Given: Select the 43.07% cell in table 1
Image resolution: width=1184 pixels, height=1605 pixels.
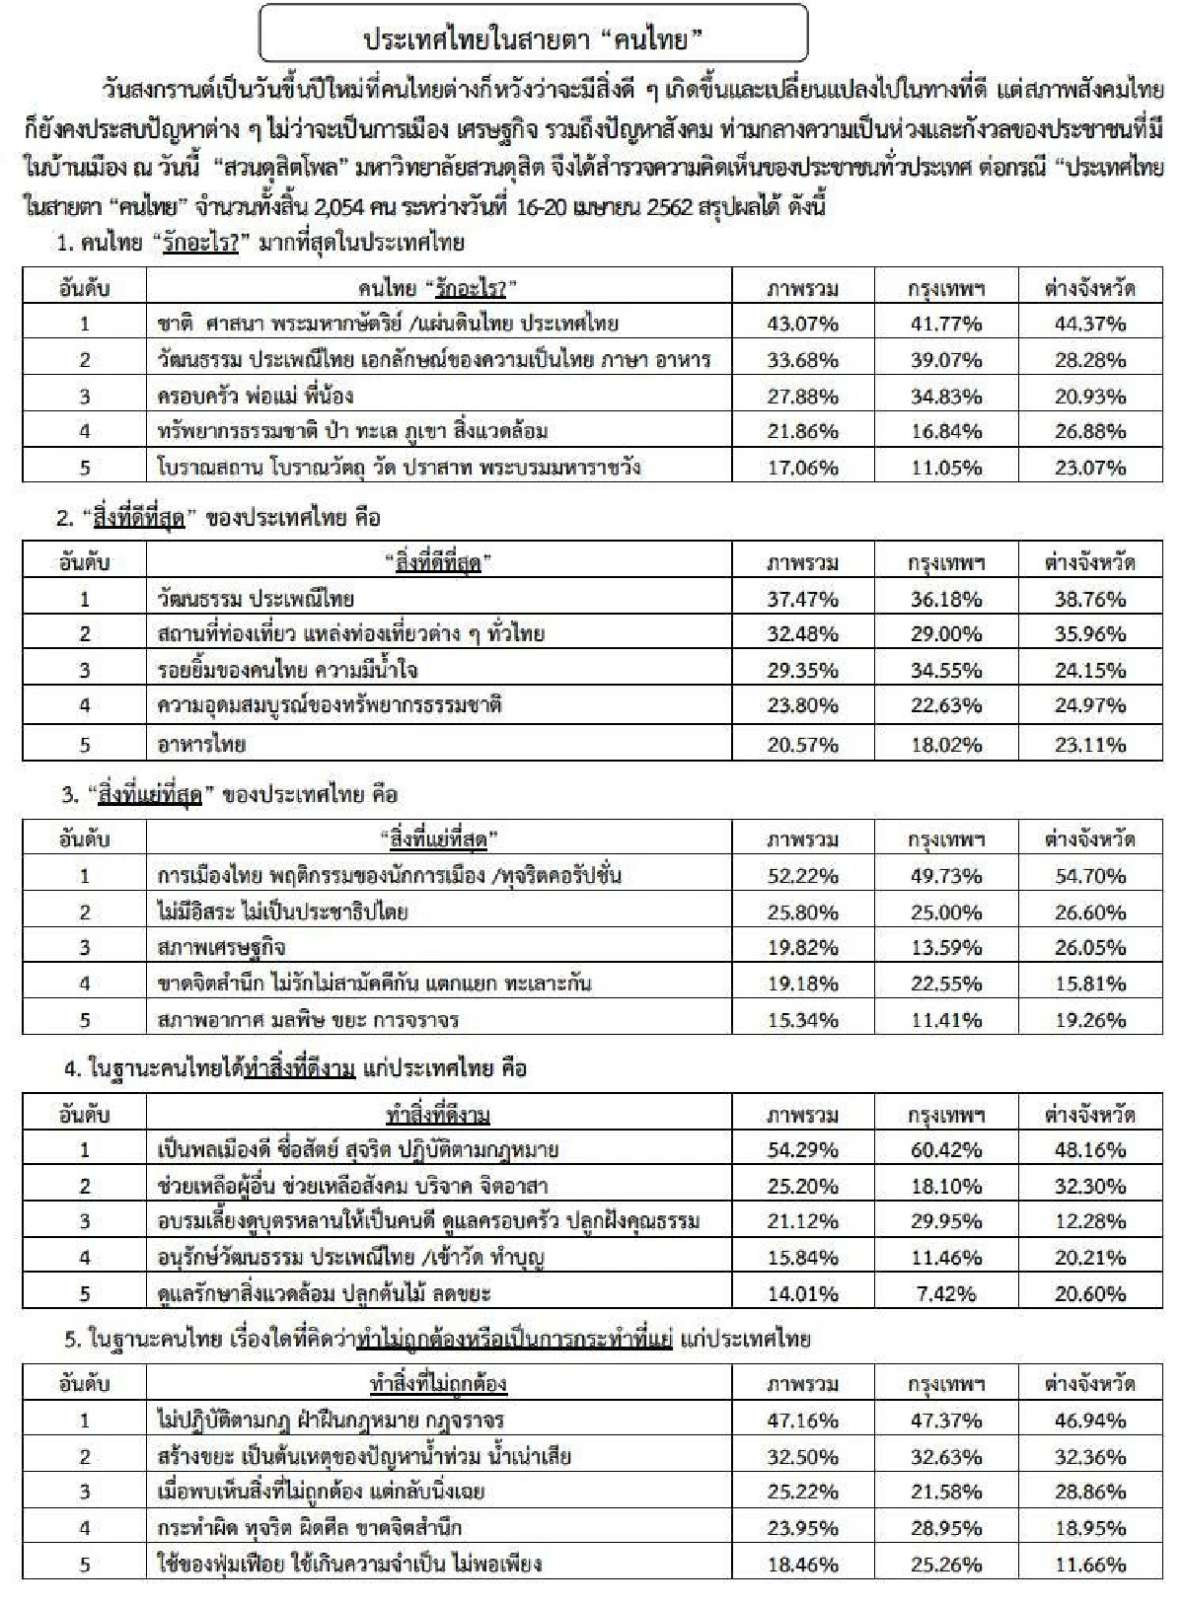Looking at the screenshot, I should click(803, 324).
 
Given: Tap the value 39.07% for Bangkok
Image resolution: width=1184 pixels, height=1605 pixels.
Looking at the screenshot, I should click(946, 360).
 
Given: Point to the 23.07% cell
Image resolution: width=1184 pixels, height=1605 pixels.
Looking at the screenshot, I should click(1089, 468).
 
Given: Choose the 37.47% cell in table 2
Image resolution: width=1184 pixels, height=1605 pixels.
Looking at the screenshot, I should click(803, 599).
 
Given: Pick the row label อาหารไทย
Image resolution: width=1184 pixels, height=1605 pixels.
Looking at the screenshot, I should click(201, 744).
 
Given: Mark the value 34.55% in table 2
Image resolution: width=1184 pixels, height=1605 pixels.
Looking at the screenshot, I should click(946, 671).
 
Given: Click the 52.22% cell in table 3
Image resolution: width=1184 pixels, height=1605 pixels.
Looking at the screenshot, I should click(803, 876).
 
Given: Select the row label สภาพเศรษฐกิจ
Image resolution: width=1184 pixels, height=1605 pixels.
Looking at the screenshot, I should click(221, 948).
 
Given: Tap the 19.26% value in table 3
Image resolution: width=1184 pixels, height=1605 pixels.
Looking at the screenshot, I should click(1089, 1020).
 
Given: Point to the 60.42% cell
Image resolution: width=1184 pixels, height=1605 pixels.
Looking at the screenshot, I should click(946, 1150).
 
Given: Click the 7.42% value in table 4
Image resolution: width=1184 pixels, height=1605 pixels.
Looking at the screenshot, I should click(946, 1293).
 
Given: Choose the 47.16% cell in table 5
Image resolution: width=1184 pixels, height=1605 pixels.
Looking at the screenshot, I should click(803, 1421).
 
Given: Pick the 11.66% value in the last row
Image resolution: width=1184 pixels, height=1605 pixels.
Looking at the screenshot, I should click(1089, 1565).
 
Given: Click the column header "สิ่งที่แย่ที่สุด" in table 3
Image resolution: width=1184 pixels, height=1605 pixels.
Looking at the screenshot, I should click(438, 839).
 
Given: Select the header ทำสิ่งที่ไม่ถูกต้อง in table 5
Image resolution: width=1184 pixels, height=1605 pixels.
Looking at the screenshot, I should click(438, 1384).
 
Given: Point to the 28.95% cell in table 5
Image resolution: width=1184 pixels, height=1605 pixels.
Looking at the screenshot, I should click(946, 1528).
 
